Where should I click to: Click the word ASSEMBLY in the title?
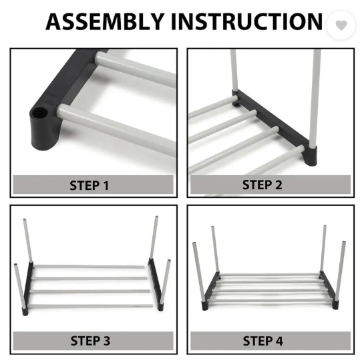(x=105, y=21)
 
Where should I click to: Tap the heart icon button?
(x=341, y=25)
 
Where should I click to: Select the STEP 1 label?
(x=89, y=185)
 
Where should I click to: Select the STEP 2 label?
(x=262, y=185)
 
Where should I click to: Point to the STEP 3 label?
(x=90, y=341)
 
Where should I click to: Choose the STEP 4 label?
(x=262, y=341)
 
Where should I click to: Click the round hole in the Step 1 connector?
(x=39, y=113)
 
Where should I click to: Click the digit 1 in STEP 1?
(x=106, y=185)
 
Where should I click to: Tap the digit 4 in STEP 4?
(x=279, y=341)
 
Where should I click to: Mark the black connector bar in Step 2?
(x=275, y=127)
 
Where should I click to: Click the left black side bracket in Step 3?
(x=27, y=288)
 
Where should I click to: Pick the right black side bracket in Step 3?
(x=156, y=284)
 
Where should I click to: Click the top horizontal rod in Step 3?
(x=89, y=267)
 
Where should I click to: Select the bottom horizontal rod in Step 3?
(x=90, y=306)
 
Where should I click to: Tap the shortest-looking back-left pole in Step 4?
(x=215, y=249)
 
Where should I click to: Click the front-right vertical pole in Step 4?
(x=341, y=271)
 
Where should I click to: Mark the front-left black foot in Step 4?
(x=204, y=306)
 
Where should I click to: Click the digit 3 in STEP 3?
(x=107, y=341)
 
